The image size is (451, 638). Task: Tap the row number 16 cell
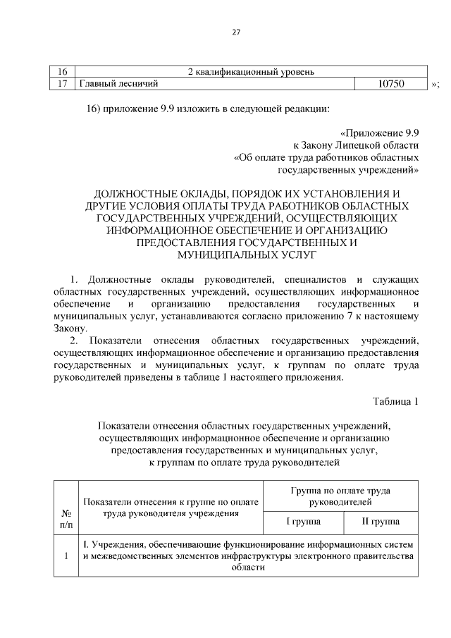pos(62,72)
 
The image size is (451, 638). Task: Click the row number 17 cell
pos(62,84)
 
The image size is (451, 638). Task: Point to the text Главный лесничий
pos(117,84)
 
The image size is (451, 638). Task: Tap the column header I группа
pos(302,522)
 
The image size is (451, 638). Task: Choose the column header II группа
pos(381,522)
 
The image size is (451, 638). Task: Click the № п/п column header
pos(66,519)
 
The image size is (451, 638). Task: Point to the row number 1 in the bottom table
pos(66,556)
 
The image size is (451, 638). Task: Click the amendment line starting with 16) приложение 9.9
pos(207,109)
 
